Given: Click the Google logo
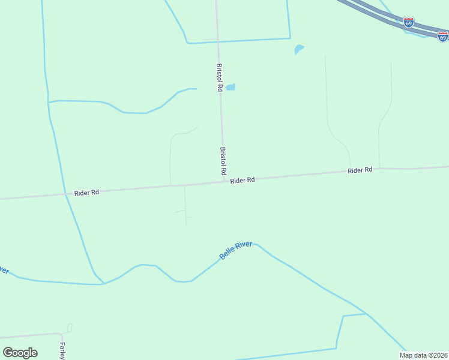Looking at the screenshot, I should (20, 353).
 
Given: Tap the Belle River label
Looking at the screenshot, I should (235, 251).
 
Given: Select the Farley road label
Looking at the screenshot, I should (62, 350).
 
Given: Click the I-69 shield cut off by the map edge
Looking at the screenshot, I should (443, 37).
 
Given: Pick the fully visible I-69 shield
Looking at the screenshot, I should (409, 23).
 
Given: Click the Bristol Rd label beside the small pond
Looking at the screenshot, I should (220, 77).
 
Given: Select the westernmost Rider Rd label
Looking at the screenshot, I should (86, 193).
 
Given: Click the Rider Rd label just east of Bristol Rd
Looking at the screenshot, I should (243, 180).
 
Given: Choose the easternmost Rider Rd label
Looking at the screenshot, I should (360, 170).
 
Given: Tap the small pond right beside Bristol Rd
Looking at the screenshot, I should (231, 87).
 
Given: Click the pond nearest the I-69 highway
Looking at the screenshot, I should (298, 49).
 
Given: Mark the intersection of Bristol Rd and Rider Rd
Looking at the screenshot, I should (224, 181).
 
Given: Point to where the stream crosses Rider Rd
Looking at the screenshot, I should (66, 194).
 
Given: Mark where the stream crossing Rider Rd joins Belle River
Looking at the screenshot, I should (103, 284).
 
